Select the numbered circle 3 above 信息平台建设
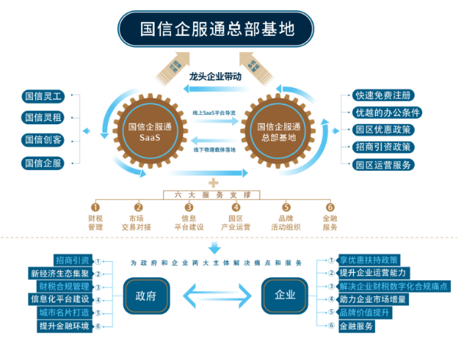click(188, 206)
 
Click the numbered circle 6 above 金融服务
click(330, 206)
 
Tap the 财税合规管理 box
click(60, 286)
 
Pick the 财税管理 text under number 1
click(96, 221)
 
